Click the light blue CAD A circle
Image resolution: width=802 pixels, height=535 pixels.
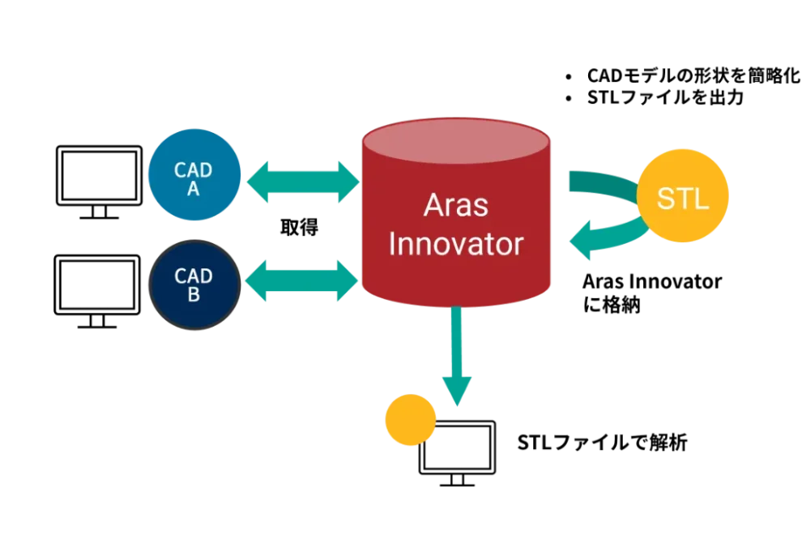tap(194, 176)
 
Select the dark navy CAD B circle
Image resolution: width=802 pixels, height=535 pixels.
tap(194, 284)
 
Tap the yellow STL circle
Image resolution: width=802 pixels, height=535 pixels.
tap(682, 197)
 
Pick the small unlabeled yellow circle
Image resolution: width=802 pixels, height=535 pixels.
tap(410, 420)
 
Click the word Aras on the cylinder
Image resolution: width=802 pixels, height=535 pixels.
tap(455, 205)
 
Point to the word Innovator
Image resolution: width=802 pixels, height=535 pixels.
tap(455, 244)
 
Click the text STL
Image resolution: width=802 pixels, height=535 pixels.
tap(682, 199)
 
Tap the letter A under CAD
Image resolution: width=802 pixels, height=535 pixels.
tap(194, 190)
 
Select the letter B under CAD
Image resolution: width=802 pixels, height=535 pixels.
tap(194, 295)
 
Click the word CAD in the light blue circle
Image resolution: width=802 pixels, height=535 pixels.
tap(194, 170)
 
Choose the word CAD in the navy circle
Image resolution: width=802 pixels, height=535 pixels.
tap(194, 276)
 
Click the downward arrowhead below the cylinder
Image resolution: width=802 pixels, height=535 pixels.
tap(457, 392)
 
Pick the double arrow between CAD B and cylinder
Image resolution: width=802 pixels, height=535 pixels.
tap(301, 280)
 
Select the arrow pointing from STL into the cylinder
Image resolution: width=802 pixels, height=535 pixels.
tap(599, 241)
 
